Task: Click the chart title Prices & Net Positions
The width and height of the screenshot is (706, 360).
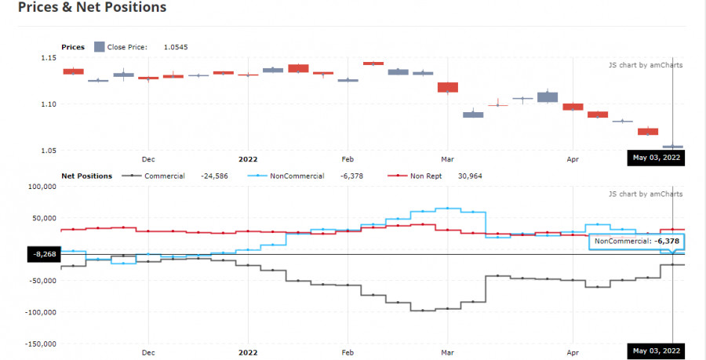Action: pyautogui.click(x=92, y=8)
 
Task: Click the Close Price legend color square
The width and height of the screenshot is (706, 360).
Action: pyautogui.click(x=99, y=47)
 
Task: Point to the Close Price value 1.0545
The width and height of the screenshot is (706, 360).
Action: pyautogui.click(x=175, y=47)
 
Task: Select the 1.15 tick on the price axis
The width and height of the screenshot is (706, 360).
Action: pyautogui.click(x=49, y=58)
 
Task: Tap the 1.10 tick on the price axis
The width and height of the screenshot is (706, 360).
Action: pyautogui.click(x=49, y=104)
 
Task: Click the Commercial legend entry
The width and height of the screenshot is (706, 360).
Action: pyautogui.click(x=164, y=176)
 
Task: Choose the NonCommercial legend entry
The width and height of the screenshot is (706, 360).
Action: pyautogui.click(x=297, y=176)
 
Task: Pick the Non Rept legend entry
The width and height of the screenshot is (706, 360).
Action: pyautogui.click(x=426, y=176)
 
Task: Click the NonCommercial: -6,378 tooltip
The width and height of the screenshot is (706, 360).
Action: pyautogui.click(x=636, y=242)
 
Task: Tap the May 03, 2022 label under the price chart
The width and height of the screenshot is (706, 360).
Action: pyautogui.click(x=657, y=158)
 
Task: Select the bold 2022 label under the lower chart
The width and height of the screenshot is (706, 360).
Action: pyautogui.click(x=248, y=352)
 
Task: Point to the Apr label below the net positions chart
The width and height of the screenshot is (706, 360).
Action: pyautogui.click(x=572, y=352)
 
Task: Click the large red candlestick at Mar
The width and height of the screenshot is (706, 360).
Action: pyautogui.click(x=448, y=87)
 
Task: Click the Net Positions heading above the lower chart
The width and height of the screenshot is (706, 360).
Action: pyautogui.click(x=86, y=176)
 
